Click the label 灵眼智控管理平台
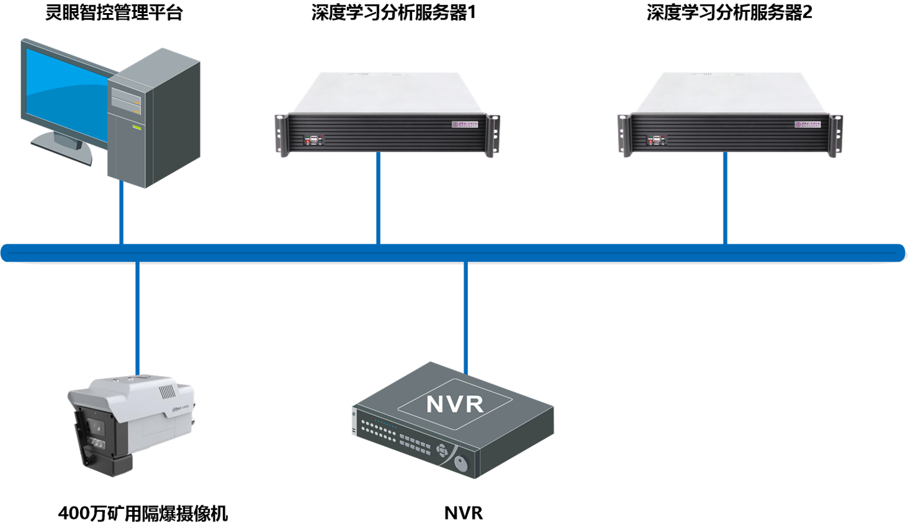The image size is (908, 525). pos(114,12)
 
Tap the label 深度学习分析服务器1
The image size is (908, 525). pos(393,12)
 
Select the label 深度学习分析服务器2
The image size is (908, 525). pos(729,12)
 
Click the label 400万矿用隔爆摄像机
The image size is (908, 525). pos(143,513)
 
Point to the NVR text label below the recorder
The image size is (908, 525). pos(463,513)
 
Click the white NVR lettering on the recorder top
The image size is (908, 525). pos(455,405)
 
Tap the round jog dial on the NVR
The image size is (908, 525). pos(461,463)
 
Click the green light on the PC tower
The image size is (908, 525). pos(136,128)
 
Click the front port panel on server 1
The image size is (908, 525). pos(313,141)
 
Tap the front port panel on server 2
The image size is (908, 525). pos(655,141)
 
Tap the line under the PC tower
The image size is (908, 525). pos(122,214)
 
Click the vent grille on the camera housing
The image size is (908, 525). pos(167,392)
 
